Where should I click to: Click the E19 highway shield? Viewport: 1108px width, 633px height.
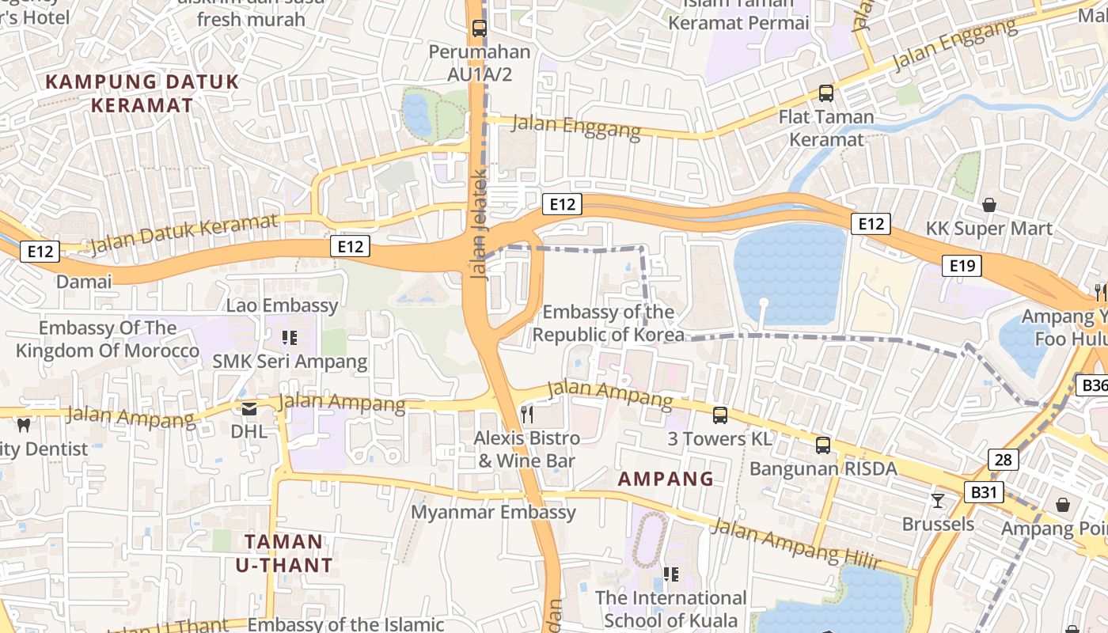[x=962, y=266]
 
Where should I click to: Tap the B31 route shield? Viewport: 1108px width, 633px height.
[x=984, y=492]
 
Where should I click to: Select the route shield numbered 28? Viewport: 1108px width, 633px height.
[x=1003, y=459]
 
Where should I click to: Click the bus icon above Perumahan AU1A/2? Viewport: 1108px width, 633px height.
[x=479, y=28]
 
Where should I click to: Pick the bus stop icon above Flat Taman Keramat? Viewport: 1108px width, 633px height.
[x=825, y=93]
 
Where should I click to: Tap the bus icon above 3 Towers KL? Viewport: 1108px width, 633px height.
[x=719, y=415]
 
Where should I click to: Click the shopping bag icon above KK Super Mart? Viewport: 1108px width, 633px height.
[x=988, y=205]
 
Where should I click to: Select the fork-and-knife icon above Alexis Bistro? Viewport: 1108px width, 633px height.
[x=527, y=414]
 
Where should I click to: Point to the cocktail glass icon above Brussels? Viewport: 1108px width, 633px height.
[x=938, y=500]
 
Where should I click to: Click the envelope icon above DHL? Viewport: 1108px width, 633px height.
[x=249, y=408]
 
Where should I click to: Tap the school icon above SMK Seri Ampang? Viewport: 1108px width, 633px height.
[x=290, y=338]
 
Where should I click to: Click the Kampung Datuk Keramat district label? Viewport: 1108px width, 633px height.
[x=142, y=93]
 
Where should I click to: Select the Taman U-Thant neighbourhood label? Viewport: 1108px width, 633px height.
[x=283, y=553]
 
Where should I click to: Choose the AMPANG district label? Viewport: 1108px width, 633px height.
[x=666, y=479]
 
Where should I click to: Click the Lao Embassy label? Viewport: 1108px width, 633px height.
[x=283, y=305]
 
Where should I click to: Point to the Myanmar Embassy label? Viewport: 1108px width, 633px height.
[x=493, y=512]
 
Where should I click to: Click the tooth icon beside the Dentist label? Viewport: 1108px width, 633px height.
[x=23, y=425]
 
